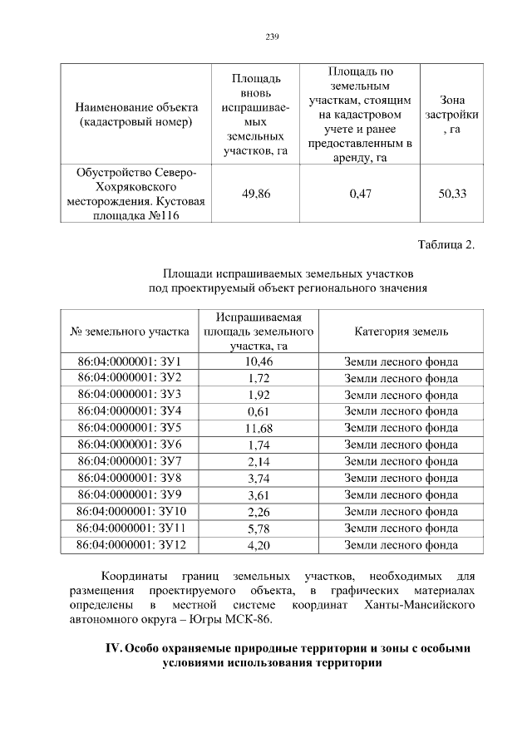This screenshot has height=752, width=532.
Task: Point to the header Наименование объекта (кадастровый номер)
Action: coord(136,115)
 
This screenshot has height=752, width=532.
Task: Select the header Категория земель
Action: coord(401,332)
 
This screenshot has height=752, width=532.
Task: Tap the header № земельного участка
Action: coord(131,332)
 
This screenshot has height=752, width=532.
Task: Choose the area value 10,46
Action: coord(259,361)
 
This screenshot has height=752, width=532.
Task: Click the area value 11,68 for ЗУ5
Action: coord(259,428)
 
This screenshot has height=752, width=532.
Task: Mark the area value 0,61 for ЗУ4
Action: coord(259,411)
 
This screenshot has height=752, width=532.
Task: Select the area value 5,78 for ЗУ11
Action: coord(259,528)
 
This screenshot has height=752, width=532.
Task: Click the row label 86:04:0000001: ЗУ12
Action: coord(131,545)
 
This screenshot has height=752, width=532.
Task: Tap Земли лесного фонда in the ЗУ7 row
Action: coord(401,461)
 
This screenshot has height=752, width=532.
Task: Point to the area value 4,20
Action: coord(259,545)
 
